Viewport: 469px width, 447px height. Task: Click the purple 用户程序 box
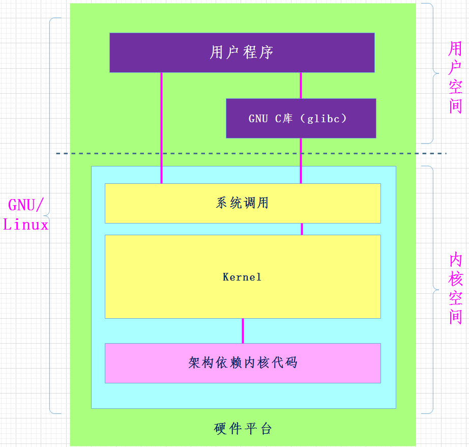pos(242,52)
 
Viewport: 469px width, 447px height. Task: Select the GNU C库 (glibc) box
pos(301,118)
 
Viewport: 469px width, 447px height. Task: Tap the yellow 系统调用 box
pos(243,203)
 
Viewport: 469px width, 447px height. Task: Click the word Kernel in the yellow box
pos(242,277)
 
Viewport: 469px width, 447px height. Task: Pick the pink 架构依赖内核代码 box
pos(243,362)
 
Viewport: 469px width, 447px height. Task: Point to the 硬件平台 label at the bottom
pos(243,428)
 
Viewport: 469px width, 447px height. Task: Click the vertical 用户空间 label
pos(455,77)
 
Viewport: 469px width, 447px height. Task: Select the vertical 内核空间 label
pos(455,289)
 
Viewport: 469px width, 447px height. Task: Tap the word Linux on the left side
pos(26,225)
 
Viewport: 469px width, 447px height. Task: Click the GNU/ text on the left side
pos(26,206)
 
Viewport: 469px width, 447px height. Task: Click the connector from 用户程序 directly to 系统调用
pos(162,127)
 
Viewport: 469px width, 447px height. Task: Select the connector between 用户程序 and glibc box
pos(301,85)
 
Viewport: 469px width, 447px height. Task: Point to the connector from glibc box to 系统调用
pos(301,160)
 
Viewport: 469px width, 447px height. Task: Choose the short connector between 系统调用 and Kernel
pos(302,229)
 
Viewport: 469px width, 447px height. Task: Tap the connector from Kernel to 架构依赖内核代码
pos(243,330)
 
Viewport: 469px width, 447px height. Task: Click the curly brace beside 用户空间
pos(432,73)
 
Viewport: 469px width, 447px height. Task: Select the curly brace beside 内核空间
pos(432,289)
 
